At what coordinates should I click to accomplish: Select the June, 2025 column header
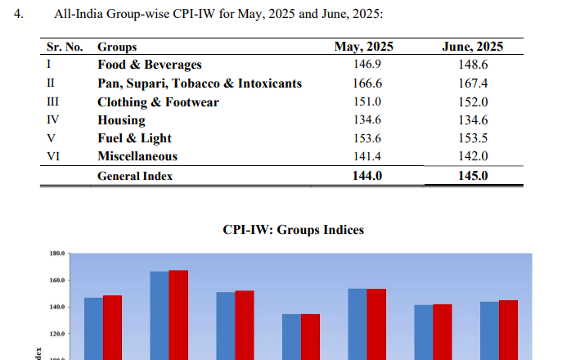coord(472,47)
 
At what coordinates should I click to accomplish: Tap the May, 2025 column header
coord(364,47)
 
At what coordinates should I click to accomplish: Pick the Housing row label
coord(121,119)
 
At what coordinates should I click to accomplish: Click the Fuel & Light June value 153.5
coord(472,138)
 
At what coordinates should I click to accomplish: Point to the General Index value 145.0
coord(472,175)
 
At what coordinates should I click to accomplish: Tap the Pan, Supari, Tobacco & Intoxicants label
coord(200,83)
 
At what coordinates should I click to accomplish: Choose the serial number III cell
coord(52,101)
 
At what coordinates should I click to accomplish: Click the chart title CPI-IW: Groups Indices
coord(293,231)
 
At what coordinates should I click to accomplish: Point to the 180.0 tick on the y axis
coord(57,254)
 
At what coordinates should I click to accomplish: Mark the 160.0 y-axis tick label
coord(57,281)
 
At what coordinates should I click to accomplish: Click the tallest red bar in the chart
coord(178,315)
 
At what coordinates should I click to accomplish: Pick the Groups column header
coord(117,47)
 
